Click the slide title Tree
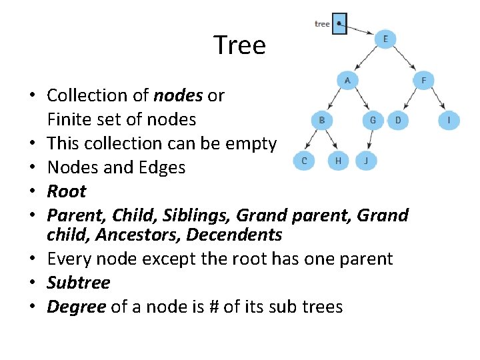coord(240,45)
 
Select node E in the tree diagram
coord(385,39)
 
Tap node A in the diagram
coord(347,80)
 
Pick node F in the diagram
coord(423,80)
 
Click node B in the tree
coord(321,120)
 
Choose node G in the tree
coord(373,120)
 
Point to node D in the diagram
coord(398,120)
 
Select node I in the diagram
coord(449,120)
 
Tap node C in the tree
coord(305,160)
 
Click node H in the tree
coord(338,160)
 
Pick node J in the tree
coord(366,160)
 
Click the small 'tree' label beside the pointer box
coord(322,24)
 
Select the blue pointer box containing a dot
coord(339,23)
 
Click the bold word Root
coord(67,191)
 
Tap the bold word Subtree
coord(78,283)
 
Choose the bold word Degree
coord(76,307)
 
